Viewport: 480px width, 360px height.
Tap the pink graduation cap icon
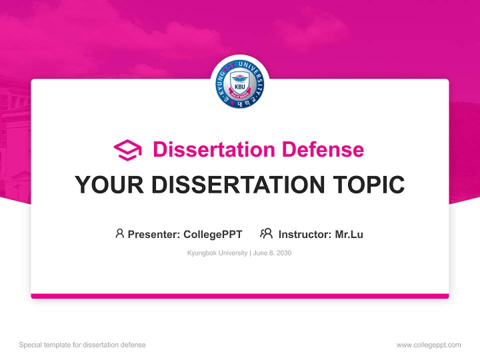click(127, 150)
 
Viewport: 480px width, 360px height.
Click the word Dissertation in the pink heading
click(213, 149)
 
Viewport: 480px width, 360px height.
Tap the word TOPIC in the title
click(370, 185)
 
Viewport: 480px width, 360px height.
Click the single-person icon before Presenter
click(119, 233)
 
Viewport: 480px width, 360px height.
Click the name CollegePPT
click(213, 234)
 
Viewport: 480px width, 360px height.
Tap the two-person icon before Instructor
click(266, 233)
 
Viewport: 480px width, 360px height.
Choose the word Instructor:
click(305, 234)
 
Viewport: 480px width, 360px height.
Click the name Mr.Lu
click(349, 234)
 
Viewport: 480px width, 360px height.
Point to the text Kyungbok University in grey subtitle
click(217, 253)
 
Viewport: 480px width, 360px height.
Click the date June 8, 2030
click(272, 253)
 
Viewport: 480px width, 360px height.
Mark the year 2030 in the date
click(283, 253)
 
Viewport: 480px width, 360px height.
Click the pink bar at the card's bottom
click(240, 296)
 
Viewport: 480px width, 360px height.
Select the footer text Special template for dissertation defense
click(82, 345)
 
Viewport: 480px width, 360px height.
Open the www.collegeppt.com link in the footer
click(428, 345)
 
